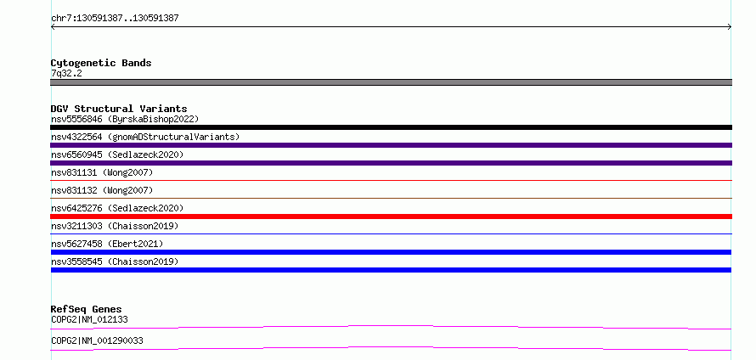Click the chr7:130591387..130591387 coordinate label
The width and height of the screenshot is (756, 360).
tap(115, 19)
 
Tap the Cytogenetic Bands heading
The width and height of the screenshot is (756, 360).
tap(101, 63)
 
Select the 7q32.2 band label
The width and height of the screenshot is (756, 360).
tap(66, 74)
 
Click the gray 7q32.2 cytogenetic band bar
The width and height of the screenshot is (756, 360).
tap(391, 82)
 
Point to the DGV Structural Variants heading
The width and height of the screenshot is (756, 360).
tap(119, 109)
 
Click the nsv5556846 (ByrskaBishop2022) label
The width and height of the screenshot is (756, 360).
tap(125, 119)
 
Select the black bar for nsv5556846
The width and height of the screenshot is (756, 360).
tap(391, 127)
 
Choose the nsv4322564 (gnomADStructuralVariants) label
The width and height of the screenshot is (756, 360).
tap(145, 137)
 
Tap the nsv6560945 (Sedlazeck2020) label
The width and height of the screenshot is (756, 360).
tap(117, 155)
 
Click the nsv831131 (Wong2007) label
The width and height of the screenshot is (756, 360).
tap(102, 172)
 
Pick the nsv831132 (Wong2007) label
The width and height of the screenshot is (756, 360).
tap(102, 190)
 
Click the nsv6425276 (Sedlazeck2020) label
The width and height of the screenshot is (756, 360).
tap(117, 208)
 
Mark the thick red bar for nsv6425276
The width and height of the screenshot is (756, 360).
tap(391, 217)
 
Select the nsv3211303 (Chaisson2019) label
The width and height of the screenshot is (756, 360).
tap(115, 226)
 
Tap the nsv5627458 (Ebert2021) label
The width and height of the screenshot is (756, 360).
tap(107, 244)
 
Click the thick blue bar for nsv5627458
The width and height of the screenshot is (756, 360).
tap(391, 252)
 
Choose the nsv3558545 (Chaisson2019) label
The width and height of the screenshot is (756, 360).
tap(115, 262)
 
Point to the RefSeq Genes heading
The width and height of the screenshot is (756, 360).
tap(87, 309)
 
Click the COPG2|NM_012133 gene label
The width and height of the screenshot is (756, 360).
tap(89, 319)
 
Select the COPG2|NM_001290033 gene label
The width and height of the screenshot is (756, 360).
tap(97, 341)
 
